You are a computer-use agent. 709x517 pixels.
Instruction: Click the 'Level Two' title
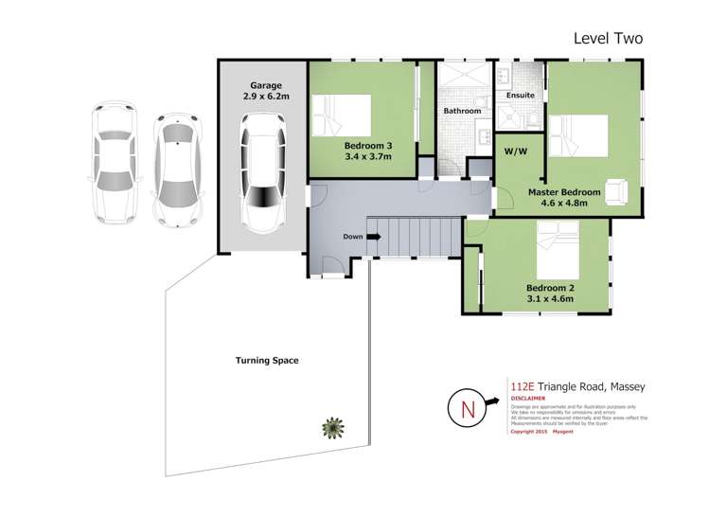(609, 39)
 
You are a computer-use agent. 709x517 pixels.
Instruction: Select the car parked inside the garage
(262, 172)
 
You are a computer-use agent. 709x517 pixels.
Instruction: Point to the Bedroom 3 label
(363, 152)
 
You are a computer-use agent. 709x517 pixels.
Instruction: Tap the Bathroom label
(463, 112)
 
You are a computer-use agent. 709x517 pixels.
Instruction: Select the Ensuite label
(520, 97)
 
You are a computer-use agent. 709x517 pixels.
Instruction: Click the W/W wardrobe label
(516, 152)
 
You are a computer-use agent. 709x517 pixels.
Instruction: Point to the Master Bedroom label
(565, 193)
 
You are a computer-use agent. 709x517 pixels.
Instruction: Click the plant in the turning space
(331, 429)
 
